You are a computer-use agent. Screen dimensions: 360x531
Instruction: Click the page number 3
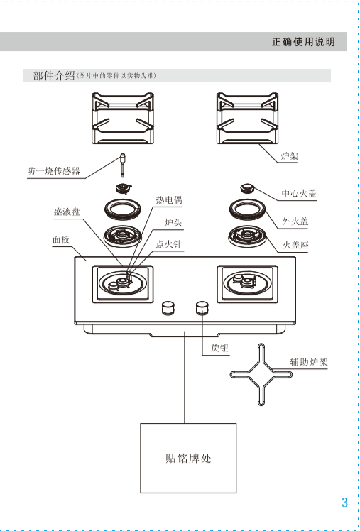coord(344,502)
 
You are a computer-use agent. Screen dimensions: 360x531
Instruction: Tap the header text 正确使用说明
coord(303,42)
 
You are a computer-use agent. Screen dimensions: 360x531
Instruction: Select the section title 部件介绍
coord(54,75)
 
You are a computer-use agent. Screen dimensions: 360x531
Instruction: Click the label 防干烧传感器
coord(53,171)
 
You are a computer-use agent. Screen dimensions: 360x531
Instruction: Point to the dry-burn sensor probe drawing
coord(123,165)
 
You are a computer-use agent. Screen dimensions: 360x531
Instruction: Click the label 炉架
coord(290,156)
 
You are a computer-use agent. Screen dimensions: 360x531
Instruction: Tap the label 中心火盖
coord(299,193)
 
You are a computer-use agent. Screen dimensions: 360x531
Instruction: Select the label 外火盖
coord(295,221)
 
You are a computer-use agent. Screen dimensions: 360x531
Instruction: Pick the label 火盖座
coord(295,244)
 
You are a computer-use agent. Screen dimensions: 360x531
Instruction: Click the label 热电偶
coord(169,200)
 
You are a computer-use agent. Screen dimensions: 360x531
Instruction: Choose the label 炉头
coord(173,222)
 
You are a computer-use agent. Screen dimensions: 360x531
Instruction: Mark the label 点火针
coord(169,244)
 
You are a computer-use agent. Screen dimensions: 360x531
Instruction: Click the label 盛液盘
coord(67,212)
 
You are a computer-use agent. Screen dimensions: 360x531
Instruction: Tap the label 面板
coord(61,240)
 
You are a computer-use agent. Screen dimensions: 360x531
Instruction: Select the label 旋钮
coord(219,348)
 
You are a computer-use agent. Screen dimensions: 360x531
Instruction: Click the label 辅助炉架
coord(309,362)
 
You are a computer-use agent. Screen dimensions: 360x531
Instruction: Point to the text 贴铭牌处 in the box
coord(188,459)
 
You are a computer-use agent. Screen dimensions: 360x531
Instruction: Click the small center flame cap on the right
coord(247,188)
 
